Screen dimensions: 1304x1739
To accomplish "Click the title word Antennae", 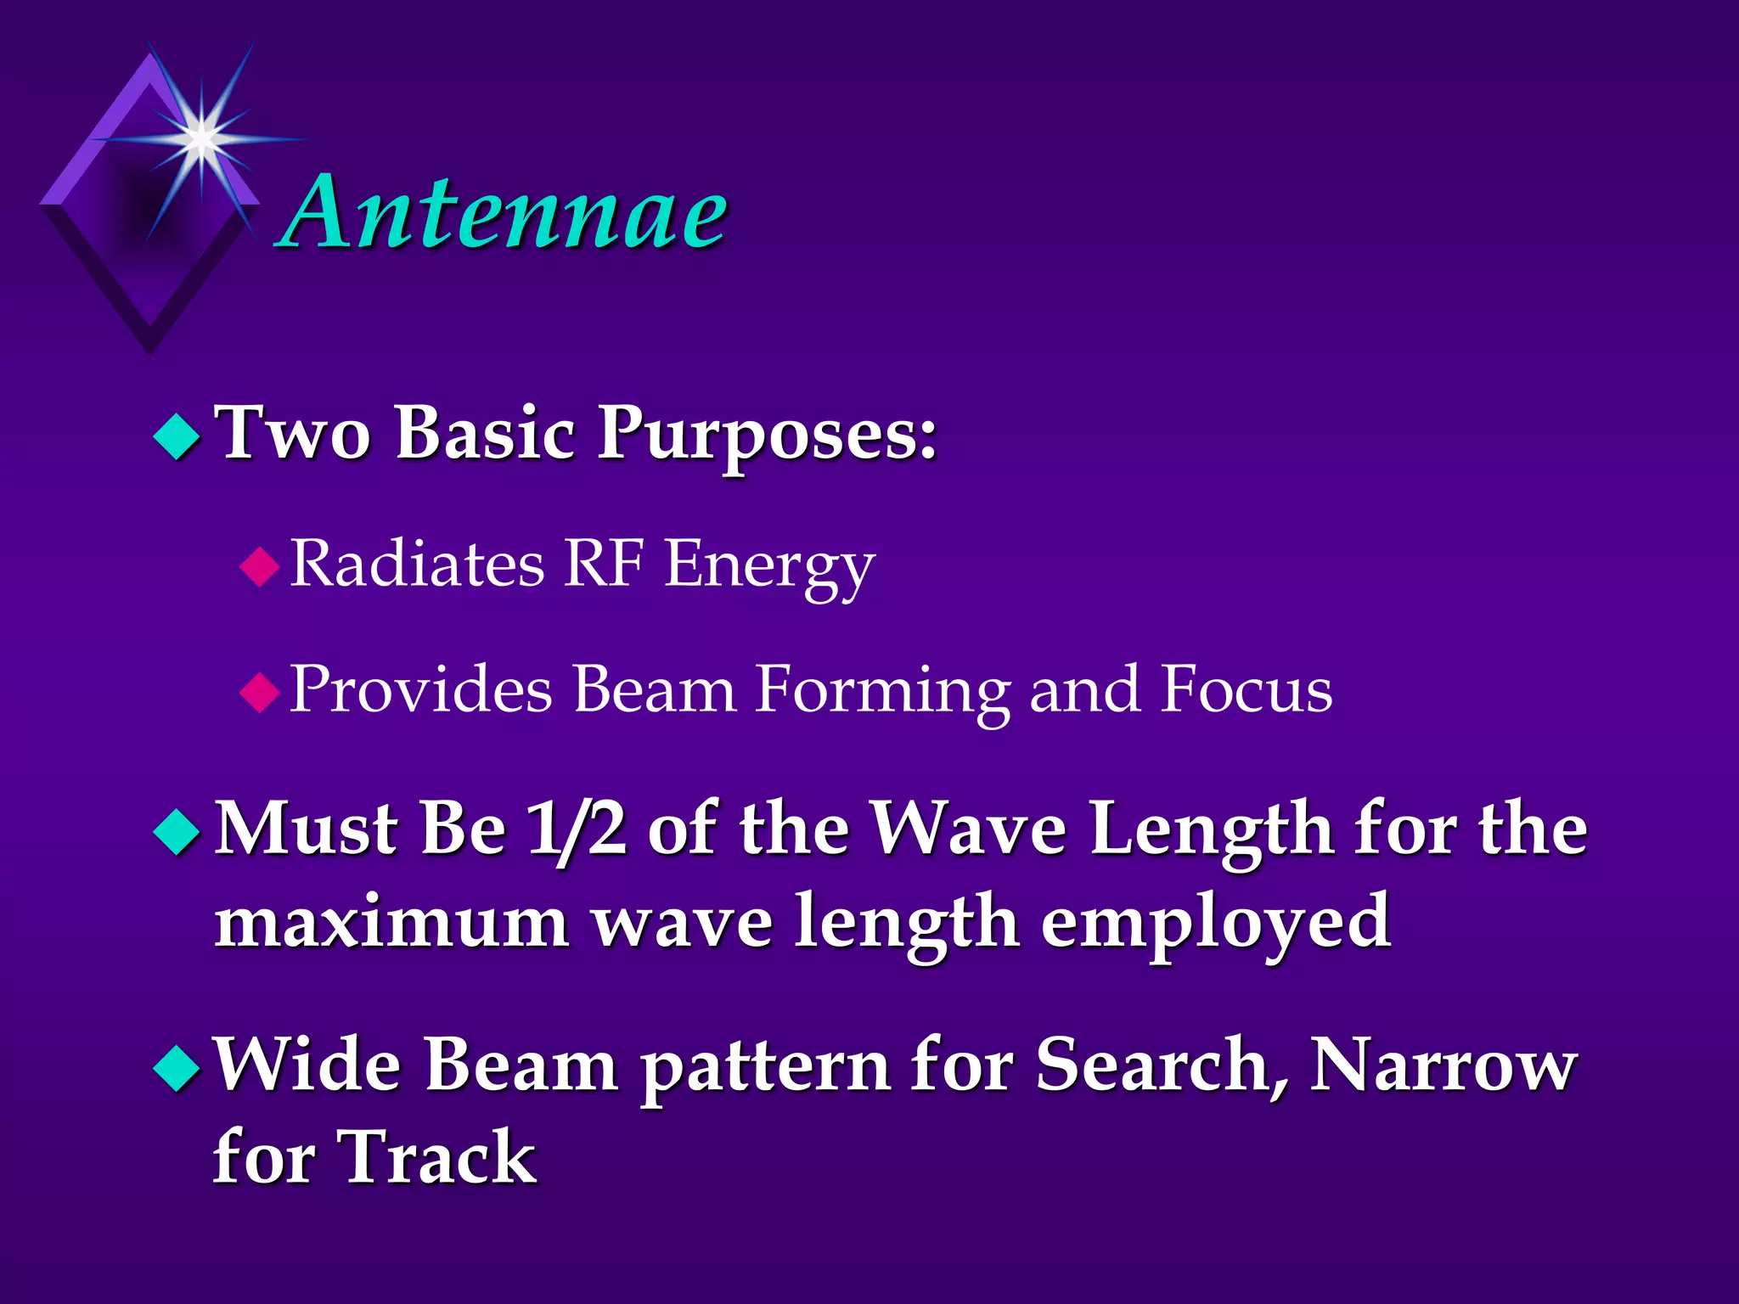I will click(505, 212).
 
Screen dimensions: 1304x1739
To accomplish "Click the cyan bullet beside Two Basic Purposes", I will click(177, 436).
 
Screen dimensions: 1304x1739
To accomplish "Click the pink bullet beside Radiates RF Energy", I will click(260, 566).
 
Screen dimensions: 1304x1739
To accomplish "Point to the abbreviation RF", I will click(603, 563).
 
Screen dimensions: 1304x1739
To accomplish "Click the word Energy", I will click(768, 566).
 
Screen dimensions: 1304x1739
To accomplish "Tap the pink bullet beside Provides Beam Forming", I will click(260, 691).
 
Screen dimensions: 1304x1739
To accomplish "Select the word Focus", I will click(1247, 689).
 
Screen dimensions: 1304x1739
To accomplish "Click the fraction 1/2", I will click(577, 829).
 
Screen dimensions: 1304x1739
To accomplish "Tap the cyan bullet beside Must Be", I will click(177, 831).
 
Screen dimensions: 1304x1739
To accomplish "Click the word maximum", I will click(391, 923).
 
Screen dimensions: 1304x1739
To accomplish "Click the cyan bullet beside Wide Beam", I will click(177, 1067).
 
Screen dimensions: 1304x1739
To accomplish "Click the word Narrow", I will click(1443, 1065).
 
